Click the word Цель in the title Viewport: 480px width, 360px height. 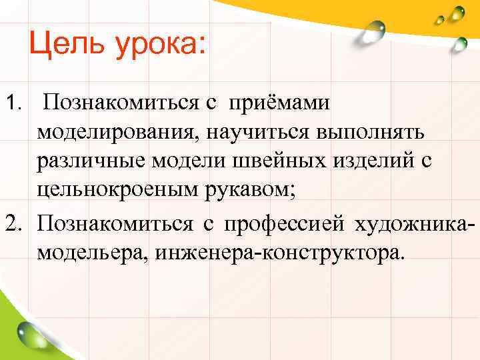(x=61, y=45)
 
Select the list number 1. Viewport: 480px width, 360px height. (x=14, y=103)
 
